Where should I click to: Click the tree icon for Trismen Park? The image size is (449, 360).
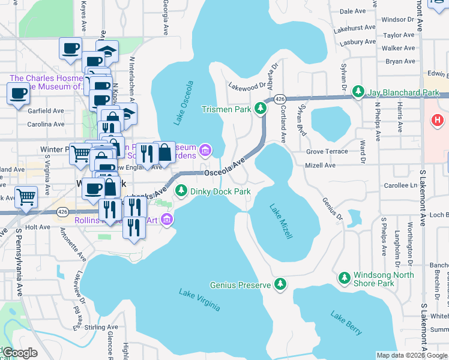pyautogui.click(x=261, y=109)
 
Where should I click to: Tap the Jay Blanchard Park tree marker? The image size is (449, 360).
pyautogui.click(x=358, y=92)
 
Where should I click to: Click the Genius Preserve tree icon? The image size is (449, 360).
pyautogui.click(x=280, y=284)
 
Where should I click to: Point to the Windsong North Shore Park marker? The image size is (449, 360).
pyautogui.click(x=344, y=278)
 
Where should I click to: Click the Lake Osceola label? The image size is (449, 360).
pyautogui.click(x=184, y=103)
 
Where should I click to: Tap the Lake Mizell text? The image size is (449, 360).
pyautogui.click(x=280, y=222)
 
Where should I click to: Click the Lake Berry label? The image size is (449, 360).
pyautogui.click(x=346, y=323)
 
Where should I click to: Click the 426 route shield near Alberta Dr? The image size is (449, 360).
pyautogui.click(x=279, y=98)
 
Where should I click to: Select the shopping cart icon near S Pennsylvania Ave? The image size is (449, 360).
pyautogui.click(x=26, y=197)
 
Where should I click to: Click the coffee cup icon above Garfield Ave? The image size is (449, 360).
pyautogui.click(x=18, y=94)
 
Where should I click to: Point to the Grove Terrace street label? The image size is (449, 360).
pyautogui.click(x=327, y=151)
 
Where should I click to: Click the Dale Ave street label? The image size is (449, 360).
pyautogui.click(x=352, y=11)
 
